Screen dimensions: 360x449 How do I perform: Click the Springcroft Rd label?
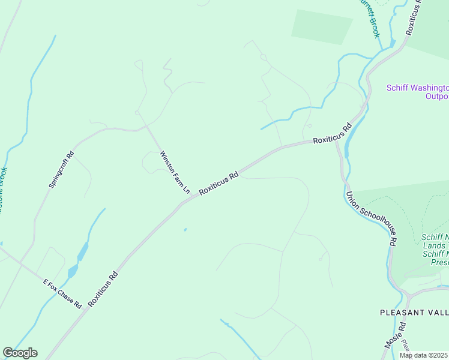(x=61, y=170)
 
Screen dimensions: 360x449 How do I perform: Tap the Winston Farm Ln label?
(x=175, y=172)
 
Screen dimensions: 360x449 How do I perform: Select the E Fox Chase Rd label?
(x=62, y=293)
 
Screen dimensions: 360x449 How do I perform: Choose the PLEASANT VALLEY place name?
(x=414, y=313)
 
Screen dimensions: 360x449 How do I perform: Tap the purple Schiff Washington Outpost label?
(x=417, y=92)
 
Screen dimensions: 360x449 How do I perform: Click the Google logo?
(x=20, y=353)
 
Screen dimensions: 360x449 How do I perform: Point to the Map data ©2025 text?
(x=424, y=355)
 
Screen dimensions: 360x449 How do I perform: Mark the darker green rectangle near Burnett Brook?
(x=321, y=27)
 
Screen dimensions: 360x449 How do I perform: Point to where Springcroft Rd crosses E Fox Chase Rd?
(x=22, y=262)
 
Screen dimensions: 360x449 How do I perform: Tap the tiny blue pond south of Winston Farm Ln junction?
(x=185, y=229)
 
